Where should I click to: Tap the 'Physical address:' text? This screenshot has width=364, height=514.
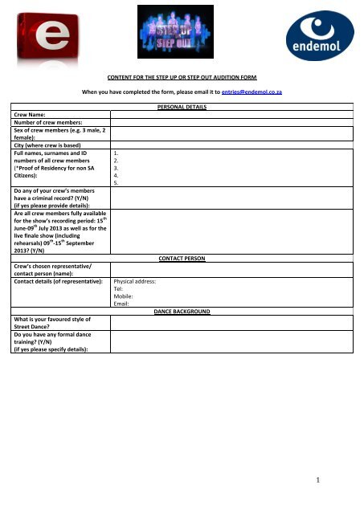[141, 282]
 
